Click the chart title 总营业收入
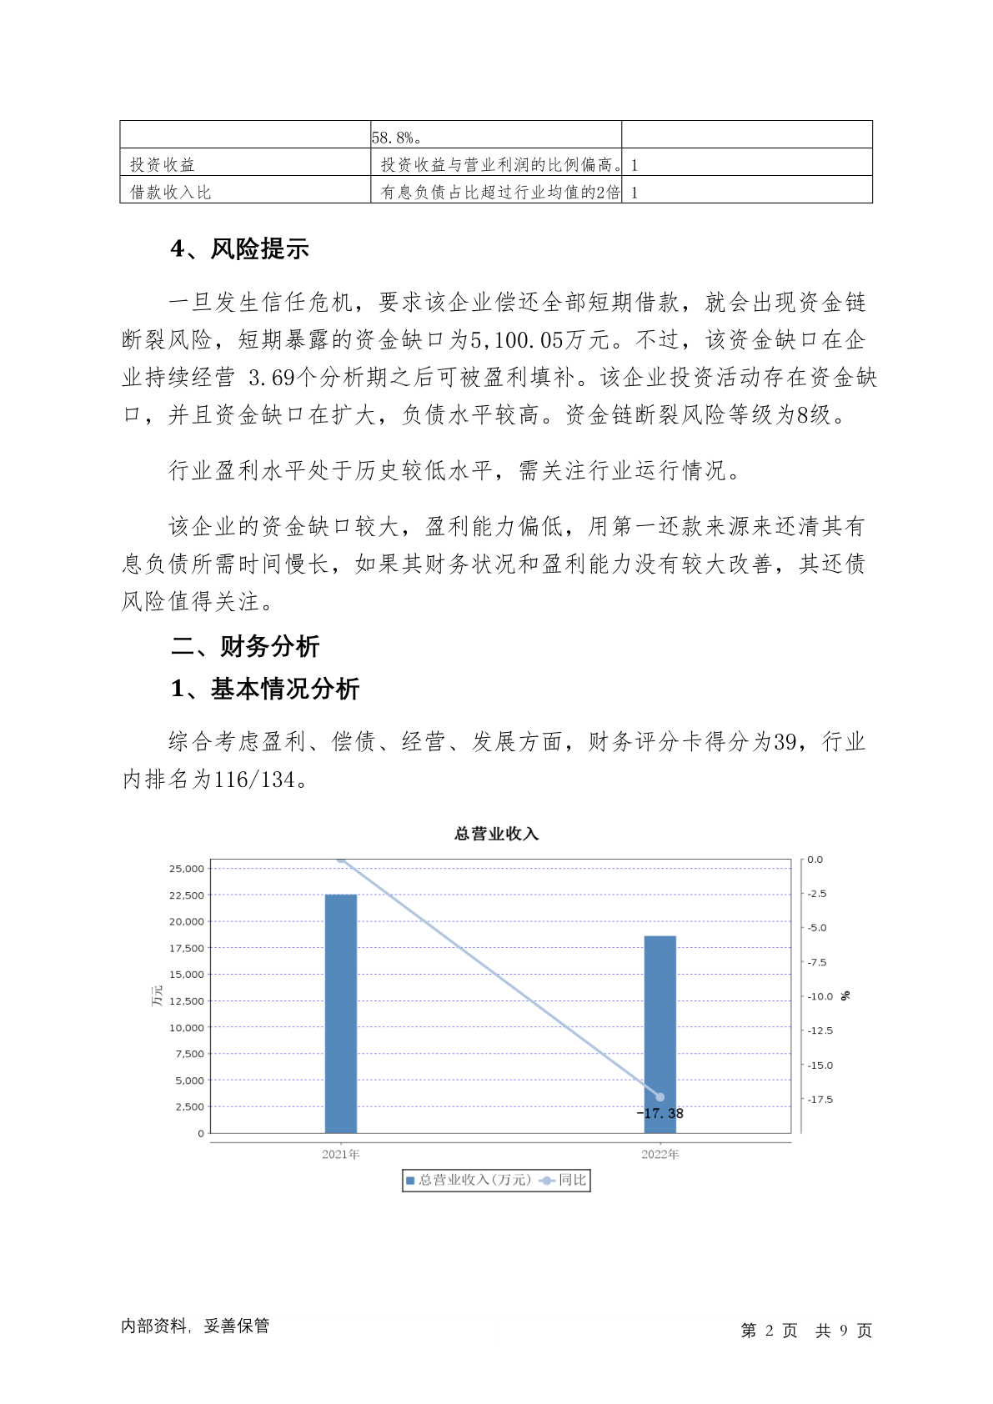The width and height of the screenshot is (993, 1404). tap(496, 834)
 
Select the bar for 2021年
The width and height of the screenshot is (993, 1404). tap(340, 1013)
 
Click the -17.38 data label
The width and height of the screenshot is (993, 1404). tap(660, 1114)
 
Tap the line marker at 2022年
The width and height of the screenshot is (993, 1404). tap(660, 1097)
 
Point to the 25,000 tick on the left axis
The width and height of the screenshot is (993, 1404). tap(187, 869)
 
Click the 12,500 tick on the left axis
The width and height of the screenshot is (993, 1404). tap(187, 1001)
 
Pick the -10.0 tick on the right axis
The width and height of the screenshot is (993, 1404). tap(820, 996)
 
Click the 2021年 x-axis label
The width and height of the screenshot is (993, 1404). tap(340, 1155)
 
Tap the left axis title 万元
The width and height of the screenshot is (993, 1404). tap(157, 996)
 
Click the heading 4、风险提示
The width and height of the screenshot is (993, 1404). tap(240, 249)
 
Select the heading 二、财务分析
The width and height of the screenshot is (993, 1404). tap(245, 646)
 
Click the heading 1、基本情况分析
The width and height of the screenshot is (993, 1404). tap(265, 689)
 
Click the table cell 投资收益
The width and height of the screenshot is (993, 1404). tap(163, 165)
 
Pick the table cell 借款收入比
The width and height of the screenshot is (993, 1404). tap(171, 193)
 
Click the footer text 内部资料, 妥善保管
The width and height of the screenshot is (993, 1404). tap(195, 1326)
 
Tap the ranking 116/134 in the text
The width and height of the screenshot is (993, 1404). tap(254, 780)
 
